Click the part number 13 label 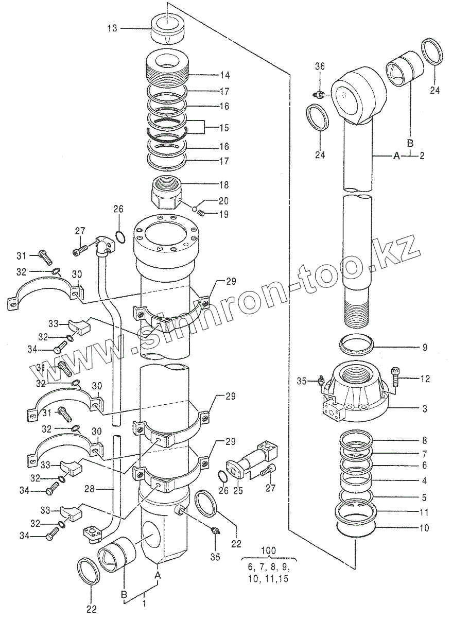tap(113, 28)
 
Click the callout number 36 tap(320, 66)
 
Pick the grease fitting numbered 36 tap(320, 94)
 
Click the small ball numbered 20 tap(195, 209)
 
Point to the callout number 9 tap(425, 347)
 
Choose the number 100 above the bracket tap(268, 551)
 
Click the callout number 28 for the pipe tap(90, 489)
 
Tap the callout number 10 tap(424, 528)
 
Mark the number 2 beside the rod tap(422, 156)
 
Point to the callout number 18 tap(224, 185)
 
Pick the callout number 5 tap(424, 497)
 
